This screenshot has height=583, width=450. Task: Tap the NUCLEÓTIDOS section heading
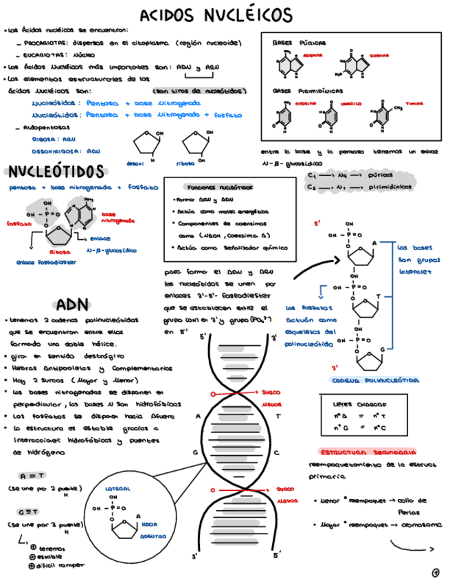pos(56,171)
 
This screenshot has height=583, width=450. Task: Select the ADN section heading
pos(72,305)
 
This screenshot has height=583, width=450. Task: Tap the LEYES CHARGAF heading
pos(359,404)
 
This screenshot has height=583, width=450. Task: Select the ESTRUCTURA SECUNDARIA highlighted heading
pos(368,452)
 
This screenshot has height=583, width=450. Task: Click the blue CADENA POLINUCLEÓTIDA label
pos(365,379)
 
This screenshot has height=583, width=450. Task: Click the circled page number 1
pos(436,571)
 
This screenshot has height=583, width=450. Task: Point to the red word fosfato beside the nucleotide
pos(19,223)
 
